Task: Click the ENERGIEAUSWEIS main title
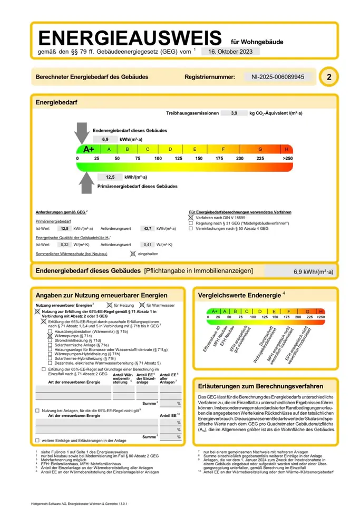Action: click(x=130, y=38)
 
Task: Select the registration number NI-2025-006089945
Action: click(x=281, y=77)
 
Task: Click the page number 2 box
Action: click(x=329, y=77)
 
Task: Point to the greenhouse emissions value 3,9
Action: click(x=234, y=113)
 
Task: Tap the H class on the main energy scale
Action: click(x=287, y=149)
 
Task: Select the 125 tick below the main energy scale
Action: click(x=178, y=159)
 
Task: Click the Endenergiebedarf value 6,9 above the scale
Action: click(x=105, y=139)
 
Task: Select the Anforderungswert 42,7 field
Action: click(x=148, y=229)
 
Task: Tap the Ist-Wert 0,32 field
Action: click(x=65, y=245)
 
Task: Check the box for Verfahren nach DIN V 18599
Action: click(x=191, y=217)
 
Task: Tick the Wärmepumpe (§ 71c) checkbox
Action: click(x=50, y=336)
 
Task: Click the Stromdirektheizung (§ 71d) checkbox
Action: click(x=50, y=340)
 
